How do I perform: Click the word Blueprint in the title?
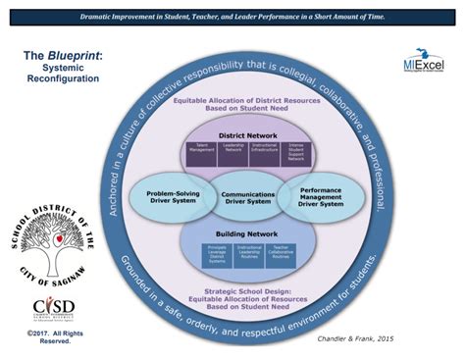[x=74, y=56]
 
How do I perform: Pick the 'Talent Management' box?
[x=201, y=150]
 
